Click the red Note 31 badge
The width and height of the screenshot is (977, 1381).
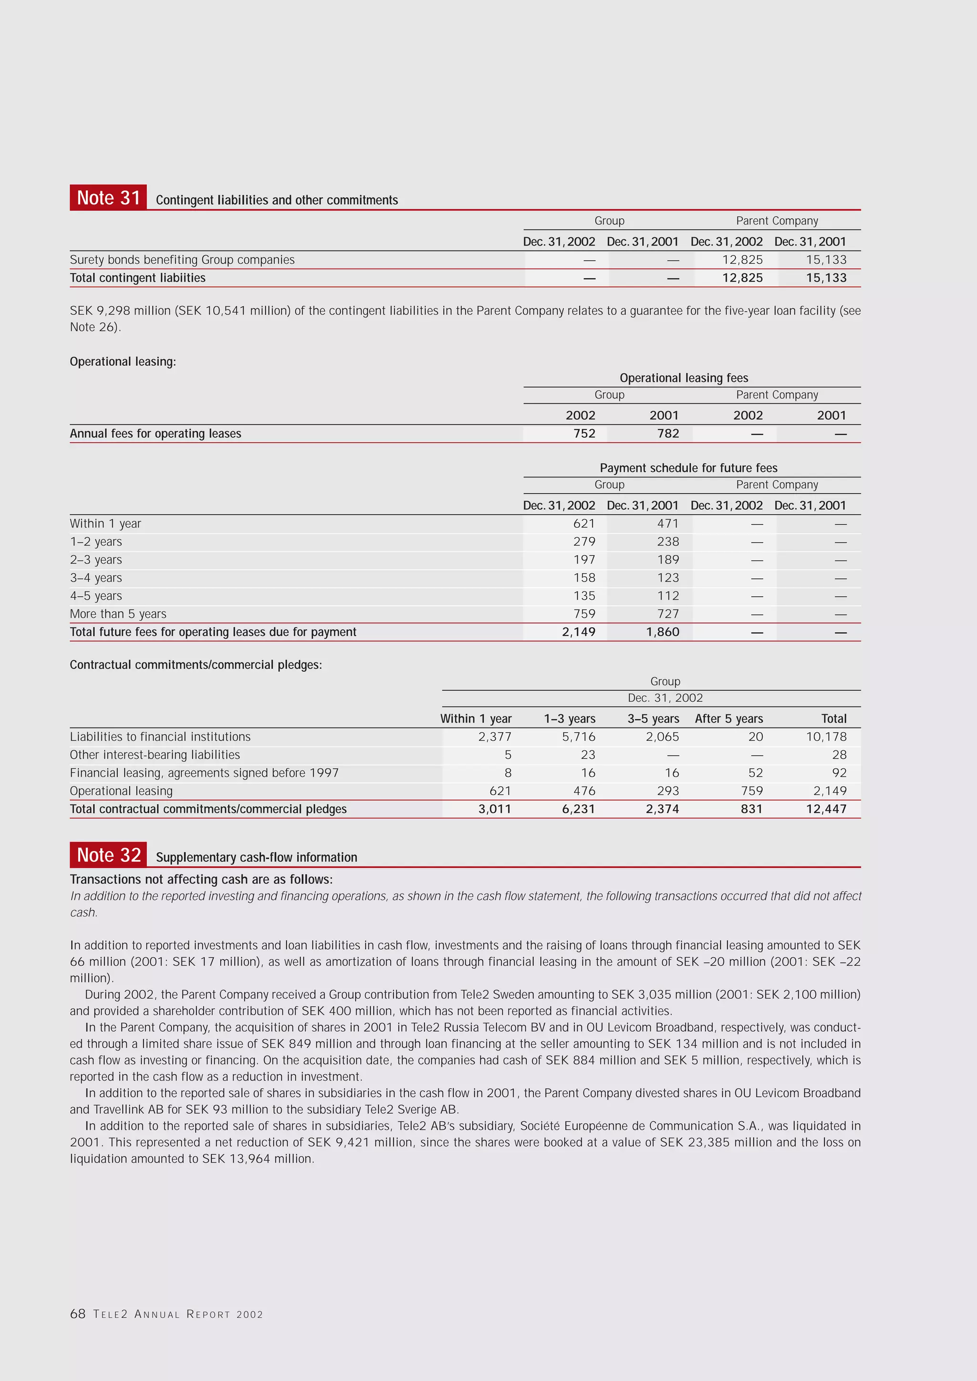coord(108,198)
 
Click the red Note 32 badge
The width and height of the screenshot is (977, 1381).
coord(108,855)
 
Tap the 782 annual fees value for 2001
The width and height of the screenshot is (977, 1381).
coord(668,434)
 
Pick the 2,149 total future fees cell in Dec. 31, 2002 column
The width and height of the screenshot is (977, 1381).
coord(578,632)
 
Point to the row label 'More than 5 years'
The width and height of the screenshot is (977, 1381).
coord(118,614)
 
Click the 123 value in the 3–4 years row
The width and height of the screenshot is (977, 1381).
coord(668,578)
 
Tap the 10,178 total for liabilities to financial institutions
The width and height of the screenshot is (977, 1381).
coord(826,737)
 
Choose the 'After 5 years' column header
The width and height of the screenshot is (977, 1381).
coord(728,719)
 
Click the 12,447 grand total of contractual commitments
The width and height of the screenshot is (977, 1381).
coord(826,809)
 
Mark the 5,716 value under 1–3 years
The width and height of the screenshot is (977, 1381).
coord(578,737)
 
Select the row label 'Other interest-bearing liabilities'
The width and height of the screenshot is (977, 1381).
coord(155,755)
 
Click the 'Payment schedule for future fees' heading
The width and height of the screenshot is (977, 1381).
coord(688,468)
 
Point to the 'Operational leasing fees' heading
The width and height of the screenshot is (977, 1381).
coord(684,378)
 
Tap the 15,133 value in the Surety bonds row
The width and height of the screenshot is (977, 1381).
coord(826,260)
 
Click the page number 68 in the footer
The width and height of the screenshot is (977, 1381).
coord(78,1314)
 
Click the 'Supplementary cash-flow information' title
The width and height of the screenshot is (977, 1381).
coord(256,857)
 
